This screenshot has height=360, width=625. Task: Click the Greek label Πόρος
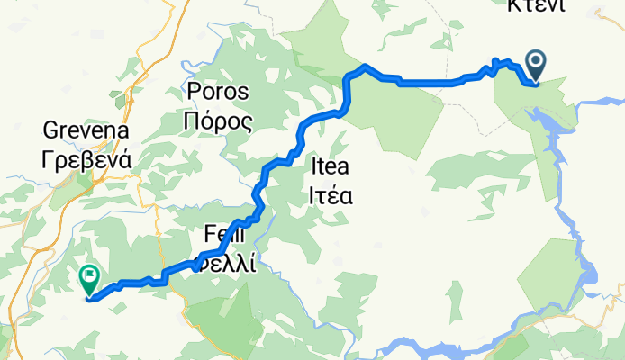[x=217, y=121]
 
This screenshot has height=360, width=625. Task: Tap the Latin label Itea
[x=329, y=166]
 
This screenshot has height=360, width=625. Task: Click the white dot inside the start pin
[x=536, y=61]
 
